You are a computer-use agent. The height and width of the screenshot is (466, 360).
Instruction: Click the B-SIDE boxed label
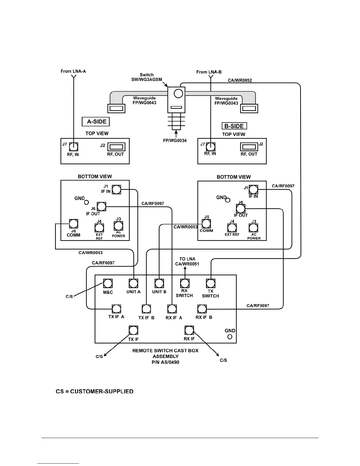point(234,126)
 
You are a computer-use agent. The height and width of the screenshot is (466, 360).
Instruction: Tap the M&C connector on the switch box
point(108,283)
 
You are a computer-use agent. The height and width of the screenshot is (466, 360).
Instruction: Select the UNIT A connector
point(134,283)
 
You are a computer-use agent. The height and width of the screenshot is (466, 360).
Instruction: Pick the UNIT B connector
point(159,283)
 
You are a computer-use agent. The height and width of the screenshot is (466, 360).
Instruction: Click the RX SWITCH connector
point(185,283)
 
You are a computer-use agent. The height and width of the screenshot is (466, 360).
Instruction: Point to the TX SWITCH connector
point(210,283)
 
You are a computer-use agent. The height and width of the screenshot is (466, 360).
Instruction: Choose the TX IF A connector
point(116,309)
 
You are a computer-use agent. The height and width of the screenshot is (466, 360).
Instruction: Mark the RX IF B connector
point(202,309)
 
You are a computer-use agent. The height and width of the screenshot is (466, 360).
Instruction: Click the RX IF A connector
point(172,309)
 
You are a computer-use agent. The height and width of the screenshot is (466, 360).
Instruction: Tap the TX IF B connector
point(146,309)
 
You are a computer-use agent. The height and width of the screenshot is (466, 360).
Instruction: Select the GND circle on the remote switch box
point(230,337)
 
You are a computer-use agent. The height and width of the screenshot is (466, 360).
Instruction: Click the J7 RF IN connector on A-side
point(74,147)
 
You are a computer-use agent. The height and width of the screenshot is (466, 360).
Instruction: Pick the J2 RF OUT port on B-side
point(249,147)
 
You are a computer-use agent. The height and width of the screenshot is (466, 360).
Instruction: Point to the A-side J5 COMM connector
point(73,224)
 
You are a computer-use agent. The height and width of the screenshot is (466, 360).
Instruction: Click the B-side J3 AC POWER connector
point(253,228)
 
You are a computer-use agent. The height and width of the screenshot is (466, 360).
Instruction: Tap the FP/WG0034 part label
point(175,140)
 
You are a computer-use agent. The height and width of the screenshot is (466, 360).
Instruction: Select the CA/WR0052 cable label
point(240,80)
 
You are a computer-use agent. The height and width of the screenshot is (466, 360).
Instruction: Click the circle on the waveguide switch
point(178,94)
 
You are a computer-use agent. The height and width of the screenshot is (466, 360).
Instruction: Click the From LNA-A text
point(73,71)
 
